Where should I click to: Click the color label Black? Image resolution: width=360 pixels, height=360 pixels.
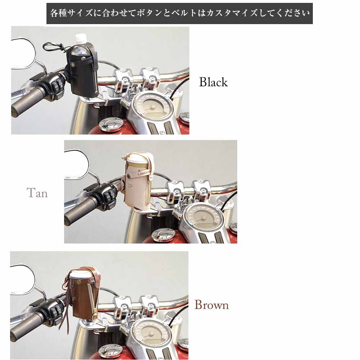tap(213, 82)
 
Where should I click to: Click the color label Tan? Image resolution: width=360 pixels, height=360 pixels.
tap(37, 193)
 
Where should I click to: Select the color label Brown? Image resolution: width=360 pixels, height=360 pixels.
tap(212, 305)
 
